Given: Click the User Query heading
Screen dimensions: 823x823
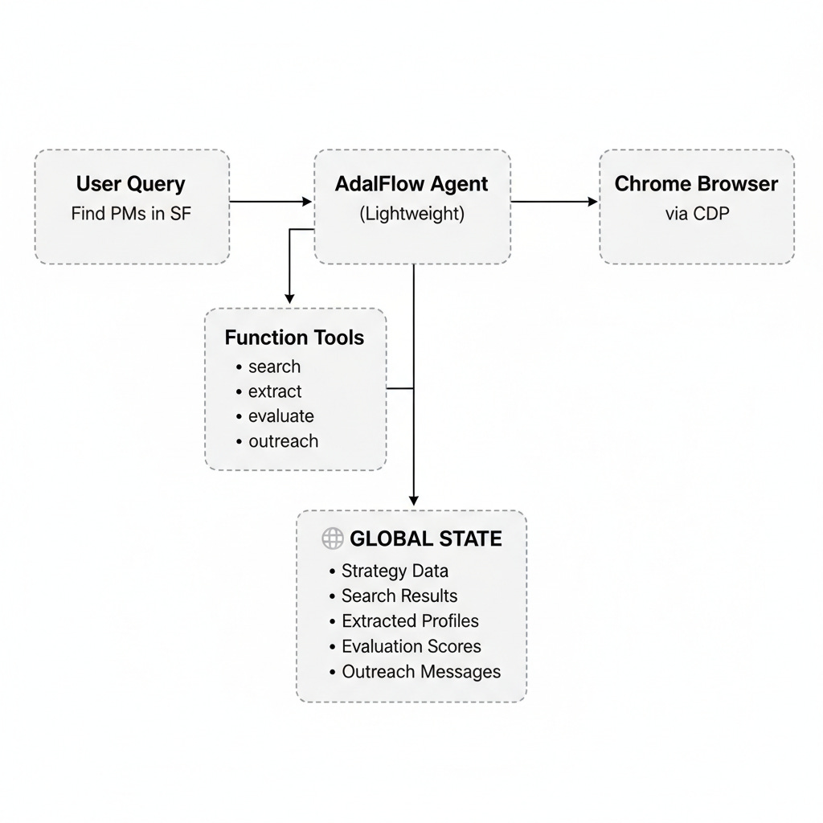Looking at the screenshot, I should pos(131,184).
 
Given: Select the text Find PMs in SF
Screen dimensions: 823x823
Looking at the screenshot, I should pos(131,215).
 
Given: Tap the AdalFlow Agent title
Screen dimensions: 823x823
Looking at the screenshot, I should pos(411,184).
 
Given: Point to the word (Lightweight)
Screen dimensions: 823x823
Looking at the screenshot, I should pos(411,215).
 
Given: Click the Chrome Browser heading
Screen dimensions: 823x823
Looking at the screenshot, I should pos(696,184).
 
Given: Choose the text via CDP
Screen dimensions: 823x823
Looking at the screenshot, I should pos(696,215).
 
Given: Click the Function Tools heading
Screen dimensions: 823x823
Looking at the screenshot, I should pos(294,338).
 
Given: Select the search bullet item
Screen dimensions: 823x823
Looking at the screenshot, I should pos(274,366).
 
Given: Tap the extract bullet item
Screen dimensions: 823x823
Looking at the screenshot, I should pos(275,391).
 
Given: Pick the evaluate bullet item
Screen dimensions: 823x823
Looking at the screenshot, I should pos(280,416).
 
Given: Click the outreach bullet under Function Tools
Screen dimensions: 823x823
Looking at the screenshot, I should pos(283,441).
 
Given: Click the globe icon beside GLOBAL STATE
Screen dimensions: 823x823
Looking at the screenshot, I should pos(333,538).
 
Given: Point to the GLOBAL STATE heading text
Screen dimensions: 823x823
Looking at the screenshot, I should pos(425,538).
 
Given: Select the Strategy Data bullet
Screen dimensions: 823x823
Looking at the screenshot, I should pos(395,571).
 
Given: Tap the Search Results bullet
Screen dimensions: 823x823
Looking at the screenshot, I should pos(399,596).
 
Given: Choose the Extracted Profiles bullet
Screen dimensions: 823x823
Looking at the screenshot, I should pos(410,621).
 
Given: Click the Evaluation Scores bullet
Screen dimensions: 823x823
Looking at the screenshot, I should pos(411,646).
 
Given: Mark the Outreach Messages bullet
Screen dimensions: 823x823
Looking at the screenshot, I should pos(421,672).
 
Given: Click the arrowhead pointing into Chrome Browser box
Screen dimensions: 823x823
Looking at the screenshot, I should pos(593,202).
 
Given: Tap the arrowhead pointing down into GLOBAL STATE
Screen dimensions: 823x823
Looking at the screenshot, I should pos(413,501).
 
